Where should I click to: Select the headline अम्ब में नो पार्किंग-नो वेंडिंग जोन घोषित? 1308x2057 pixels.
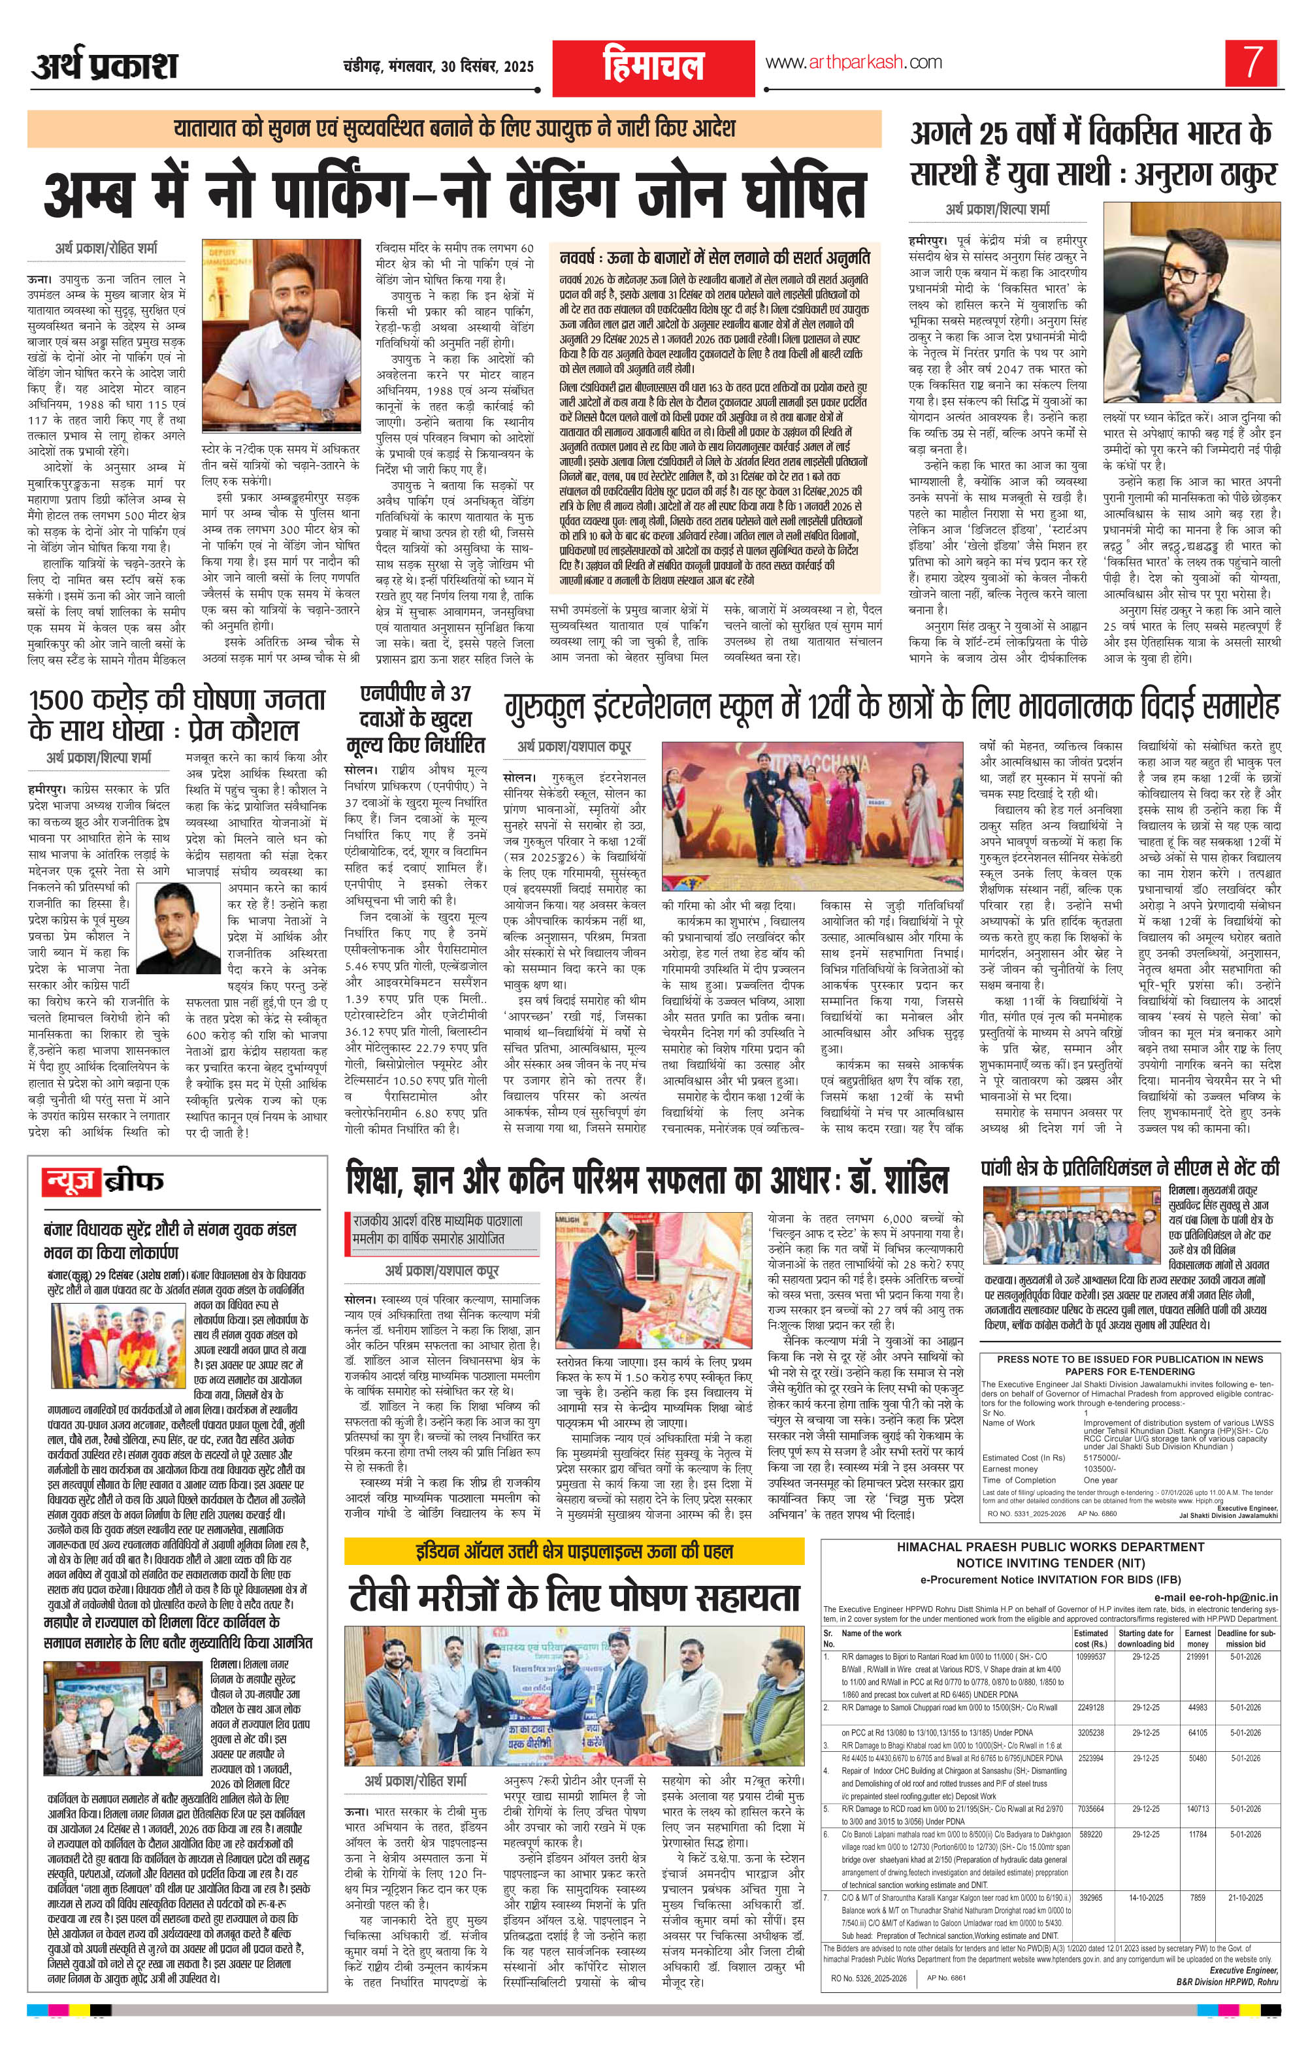[x=455, y=195]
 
